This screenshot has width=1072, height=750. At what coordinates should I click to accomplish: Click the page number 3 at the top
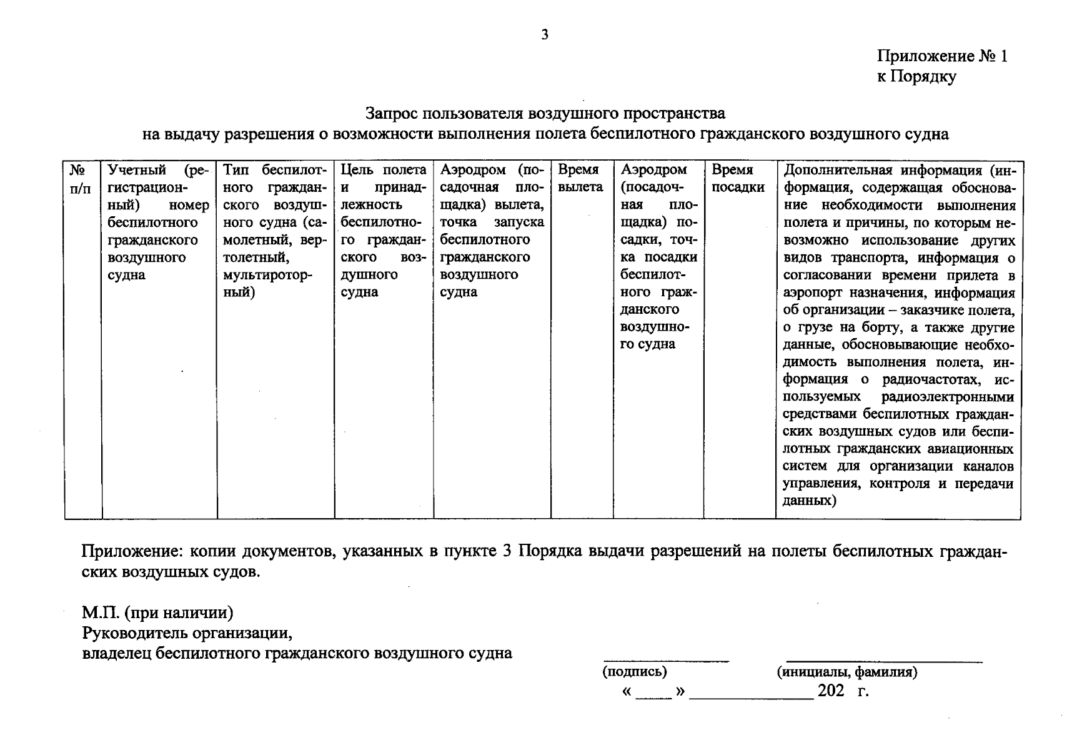pos(544,35)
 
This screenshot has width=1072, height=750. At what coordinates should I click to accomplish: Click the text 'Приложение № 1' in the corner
pos(942,57)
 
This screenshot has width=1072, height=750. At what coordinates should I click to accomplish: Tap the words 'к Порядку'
pos(916,77)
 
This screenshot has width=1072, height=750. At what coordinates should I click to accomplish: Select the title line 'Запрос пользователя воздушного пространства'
pos(545,114)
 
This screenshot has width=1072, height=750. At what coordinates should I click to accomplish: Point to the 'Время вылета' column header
pos(580,178)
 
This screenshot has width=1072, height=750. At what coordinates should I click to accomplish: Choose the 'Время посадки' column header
pos(738,178)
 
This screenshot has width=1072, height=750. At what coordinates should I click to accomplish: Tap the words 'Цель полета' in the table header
pos(384,169)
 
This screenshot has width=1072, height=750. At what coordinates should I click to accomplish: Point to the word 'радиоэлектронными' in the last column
pos(948,397)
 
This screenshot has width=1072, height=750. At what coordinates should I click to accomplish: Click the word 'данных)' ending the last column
pos(809,501)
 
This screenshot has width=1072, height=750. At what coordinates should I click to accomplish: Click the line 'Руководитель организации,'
pos(187,633)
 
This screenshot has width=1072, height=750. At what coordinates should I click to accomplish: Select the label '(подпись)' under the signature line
pos(634,672)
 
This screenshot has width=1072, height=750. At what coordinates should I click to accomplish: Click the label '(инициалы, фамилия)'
pos(846,672)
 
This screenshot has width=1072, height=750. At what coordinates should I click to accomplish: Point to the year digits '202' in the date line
pos(831,691)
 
